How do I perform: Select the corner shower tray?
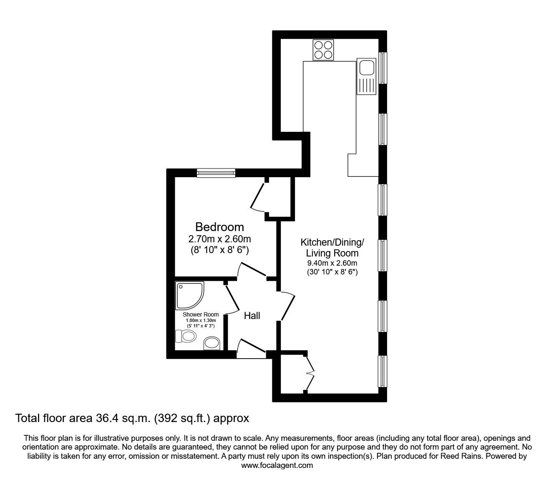(x=189, y=294)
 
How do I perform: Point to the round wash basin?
(x=212, y=343)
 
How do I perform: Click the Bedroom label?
(x=219, y=227)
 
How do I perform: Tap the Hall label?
(x=252, y=316)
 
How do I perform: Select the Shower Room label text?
(x=201, y=314)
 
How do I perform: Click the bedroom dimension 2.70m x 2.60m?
(x=219, y=239)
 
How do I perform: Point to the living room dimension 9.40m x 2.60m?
(x=332, y=263)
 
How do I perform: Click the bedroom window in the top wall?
(x=216, y=172)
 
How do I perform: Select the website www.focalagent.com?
(x=277, y=465)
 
